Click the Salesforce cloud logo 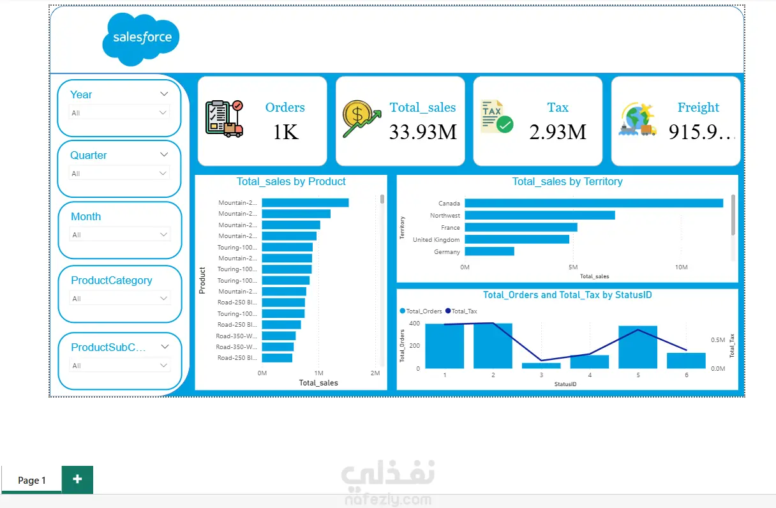point(141,38)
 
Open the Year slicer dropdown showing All point(119,113)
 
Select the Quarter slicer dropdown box point(119,174)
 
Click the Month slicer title point(86,216)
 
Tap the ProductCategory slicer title point(112,280)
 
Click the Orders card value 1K point(285,132)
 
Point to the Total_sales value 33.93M point(423,132)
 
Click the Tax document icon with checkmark point(496,116)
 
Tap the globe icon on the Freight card point(637,119)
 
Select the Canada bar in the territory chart point(593,203)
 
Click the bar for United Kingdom point(517,239)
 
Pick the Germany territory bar point(489,251)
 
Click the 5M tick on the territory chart point(572,267)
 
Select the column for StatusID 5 point(638,347)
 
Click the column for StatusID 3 point(541,366)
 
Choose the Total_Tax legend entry point(464,311)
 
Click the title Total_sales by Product point(291,181)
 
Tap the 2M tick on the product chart point(375,373)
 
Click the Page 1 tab point(32,481)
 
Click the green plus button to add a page point(77,479)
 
